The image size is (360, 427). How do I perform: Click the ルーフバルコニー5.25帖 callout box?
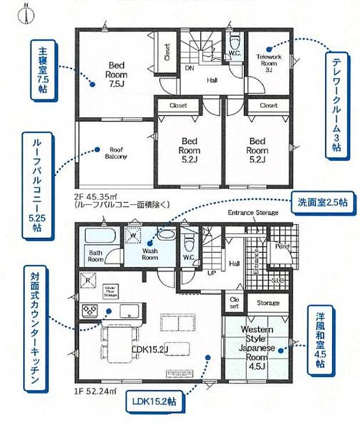[33, 184]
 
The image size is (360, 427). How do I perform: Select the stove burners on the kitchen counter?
[92, 310]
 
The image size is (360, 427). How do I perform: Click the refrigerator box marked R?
[87, 280]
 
